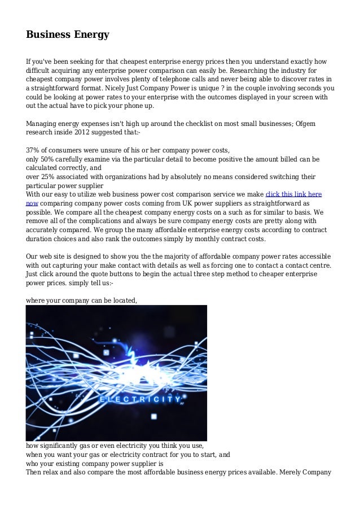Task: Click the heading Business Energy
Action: click(x=67, y=35)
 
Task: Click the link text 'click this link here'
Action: click(x=293, y=194)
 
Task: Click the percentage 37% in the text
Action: click(x=34, y=150)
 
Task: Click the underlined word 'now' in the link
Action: click(x=32, y=203)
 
